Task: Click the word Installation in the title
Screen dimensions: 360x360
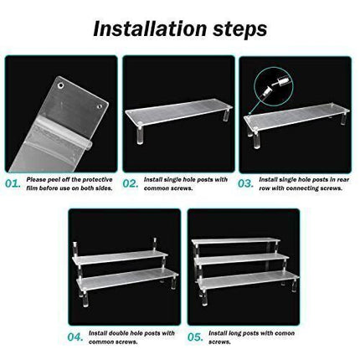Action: [x=151, y=28]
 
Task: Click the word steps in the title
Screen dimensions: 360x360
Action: [x=239, y=29]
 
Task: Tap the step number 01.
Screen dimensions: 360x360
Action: [x=13, y=184]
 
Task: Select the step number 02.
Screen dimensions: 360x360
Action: [x=131, y=184]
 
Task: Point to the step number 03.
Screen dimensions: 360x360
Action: [x=245, y=184]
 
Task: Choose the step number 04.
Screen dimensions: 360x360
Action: [x=75, y=337]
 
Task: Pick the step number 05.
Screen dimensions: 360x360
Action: [x=195, y=337]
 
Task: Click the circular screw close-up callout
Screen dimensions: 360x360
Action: [x=274, y=85]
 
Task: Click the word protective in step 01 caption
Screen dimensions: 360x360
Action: [x=97, y=180]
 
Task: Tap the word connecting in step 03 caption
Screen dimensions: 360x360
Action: [x=302, y=188]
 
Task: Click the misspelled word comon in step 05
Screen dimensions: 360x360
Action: [x=285, y=333]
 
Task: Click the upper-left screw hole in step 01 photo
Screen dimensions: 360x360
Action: [x=60, y=85]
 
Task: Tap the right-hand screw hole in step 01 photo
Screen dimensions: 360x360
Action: [x=100, y=106]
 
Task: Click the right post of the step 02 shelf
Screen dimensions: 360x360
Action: [x=225, y=115]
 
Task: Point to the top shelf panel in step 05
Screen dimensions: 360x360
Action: [x=236, y=240]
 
